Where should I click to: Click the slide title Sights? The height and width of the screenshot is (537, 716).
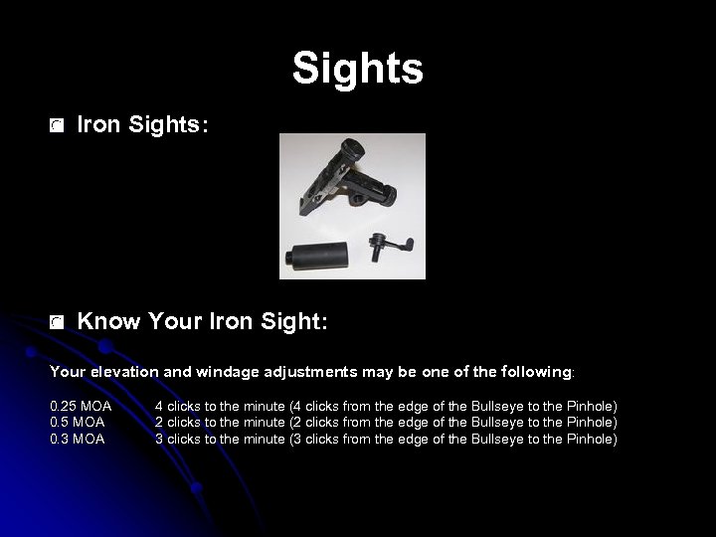[x=358, y=69]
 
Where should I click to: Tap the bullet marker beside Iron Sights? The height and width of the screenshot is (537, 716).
[x=58, y=126]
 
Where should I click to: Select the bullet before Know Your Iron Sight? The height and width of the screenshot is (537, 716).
[x=58, y=322]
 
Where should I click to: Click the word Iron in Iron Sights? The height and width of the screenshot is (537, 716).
[x=98, y=125]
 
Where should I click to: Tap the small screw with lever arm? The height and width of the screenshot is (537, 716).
[x=382, y=245]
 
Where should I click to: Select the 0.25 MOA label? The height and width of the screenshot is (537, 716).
[x=80, y=407]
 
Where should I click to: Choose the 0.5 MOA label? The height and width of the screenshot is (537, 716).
[x=77, y=423]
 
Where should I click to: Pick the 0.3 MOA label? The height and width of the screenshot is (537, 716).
[x=77, y=439]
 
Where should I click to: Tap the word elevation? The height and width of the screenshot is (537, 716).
[x=126, y=372]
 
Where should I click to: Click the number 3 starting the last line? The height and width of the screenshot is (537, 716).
[x=159, y=439]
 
